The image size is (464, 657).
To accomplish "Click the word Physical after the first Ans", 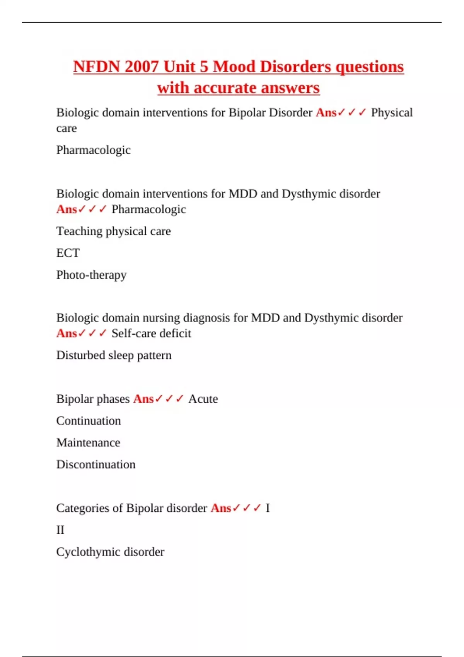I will pos(392,112).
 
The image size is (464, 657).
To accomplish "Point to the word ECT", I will pos(68,253).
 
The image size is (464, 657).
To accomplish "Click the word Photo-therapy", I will pos(91,275).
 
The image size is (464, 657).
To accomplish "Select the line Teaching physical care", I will pos(113,231).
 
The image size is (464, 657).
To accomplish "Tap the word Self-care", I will pos(134,333).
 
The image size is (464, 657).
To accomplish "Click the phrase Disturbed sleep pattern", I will pos(114,355).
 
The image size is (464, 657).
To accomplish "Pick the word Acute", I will pos(203,399).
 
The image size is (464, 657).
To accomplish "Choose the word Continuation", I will pos(89,420).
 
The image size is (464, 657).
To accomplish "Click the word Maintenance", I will pos(88,443).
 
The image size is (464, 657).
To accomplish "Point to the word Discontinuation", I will pos(96,464).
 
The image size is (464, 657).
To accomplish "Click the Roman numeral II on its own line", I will pos(60,530).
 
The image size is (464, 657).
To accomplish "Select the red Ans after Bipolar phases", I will pos(143,399).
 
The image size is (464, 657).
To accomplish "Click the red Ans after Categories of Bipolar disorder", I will pos(220,508).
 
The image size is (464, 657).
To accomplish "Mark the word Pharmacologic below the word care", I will pos(93,150).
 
